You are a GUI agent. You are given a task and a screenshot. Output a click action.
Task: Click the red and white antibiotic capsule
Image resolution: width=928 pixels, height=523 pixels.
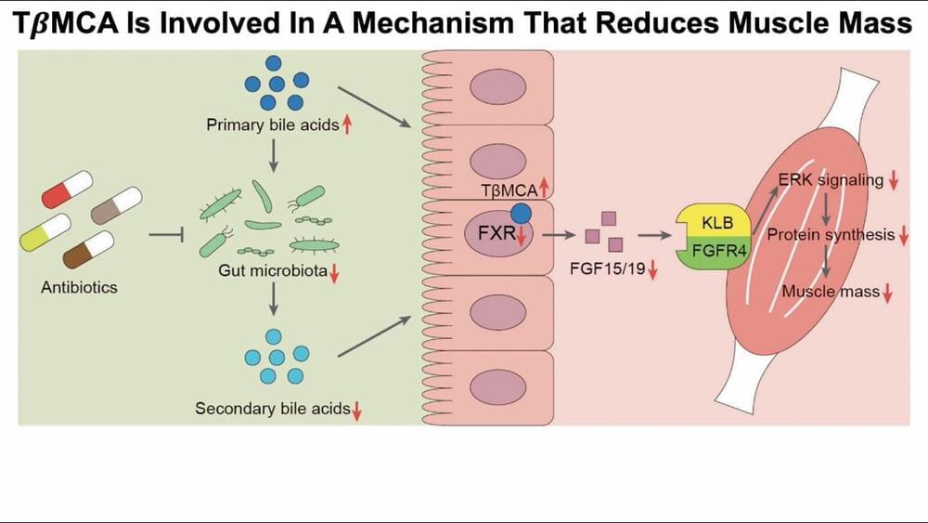pyautogui.click(x=67, y=190)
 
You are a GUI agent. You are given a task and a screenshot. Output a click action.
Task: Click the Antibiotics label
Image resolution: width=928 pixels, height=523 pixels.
pyautogui.click(x=79, y=287)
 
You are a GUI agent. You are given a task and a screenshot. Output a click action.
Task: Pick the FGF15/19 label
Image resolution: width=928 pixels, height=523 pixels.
pyautogui.click(x=607, y=270)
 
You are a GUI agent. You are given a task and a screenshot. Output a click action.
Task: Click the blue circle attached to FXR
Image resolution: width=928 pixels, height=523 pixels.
pyautogui.click(x=522, y=213)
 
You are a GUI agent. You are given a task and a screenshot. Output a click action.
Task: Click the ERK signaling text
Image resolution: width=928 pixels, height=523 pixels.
pyautogui.click(x=831, y=180)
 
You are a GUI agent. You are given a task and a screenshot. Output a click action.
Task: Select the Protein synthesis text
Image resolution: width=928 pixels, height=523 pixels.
pyautogui.click(x=831, y=235)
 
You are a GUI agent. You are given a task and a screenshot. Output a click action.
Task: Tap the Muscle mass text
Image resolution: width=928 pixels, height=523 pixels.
pyautogui.click(x=831, y=292)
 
